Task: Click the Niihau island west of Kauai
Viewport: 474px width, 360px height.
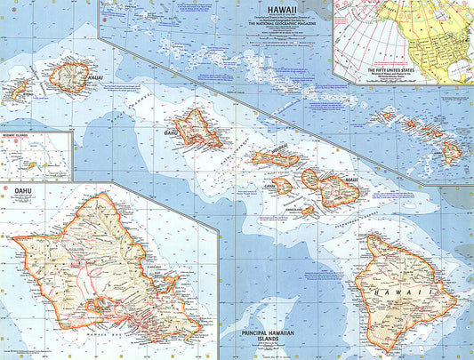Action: pos(18,89)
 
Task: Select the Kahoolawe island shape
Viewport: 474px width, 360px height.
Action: pos(307,211)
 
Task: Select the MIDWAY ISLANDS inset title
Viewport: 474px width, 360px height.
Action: pos(19,136)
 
